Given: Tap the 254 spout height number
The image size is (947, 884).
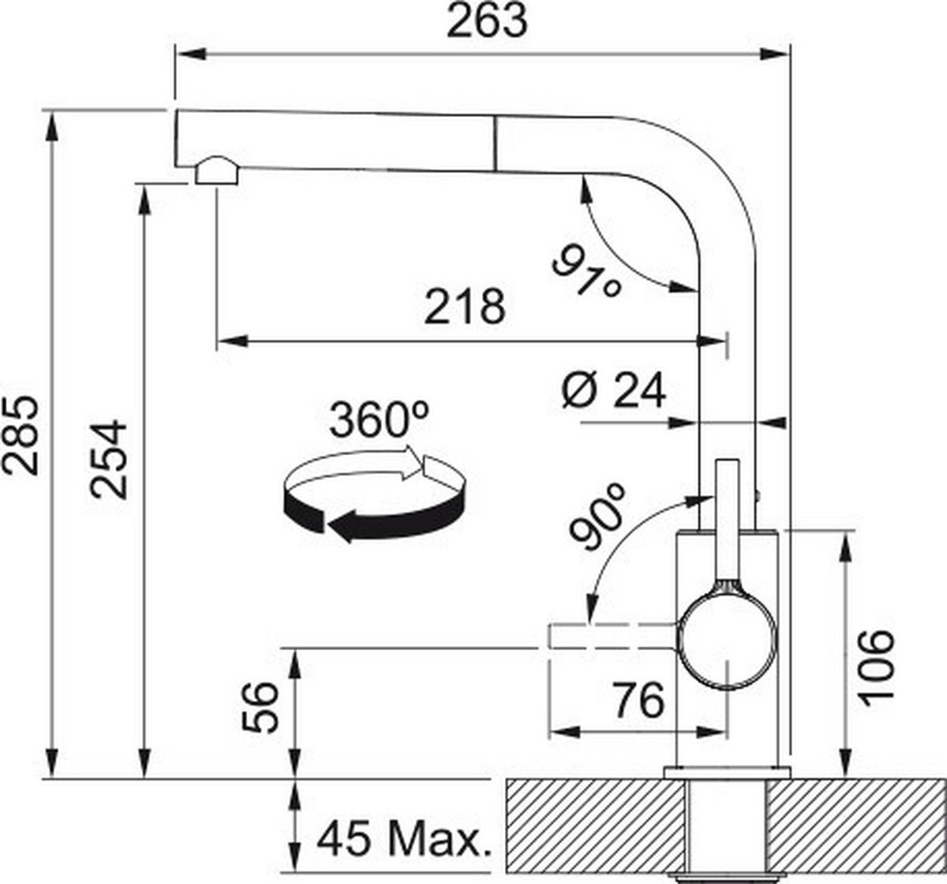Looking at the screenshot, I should click(109, 459).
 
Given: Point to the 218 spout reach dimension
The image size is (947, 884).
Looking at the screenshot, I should click(465, 307).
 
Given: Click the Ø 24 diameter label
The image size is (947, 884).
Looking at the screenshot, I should click(614, 389).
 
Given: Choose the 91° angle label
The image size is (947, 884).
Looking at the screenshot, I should click(586, 272).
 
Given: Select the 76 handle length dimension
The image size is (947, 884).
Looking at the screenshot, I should click(638, 699).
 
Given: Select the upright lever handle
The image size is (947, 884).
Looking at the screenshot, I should click(727, 521).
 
